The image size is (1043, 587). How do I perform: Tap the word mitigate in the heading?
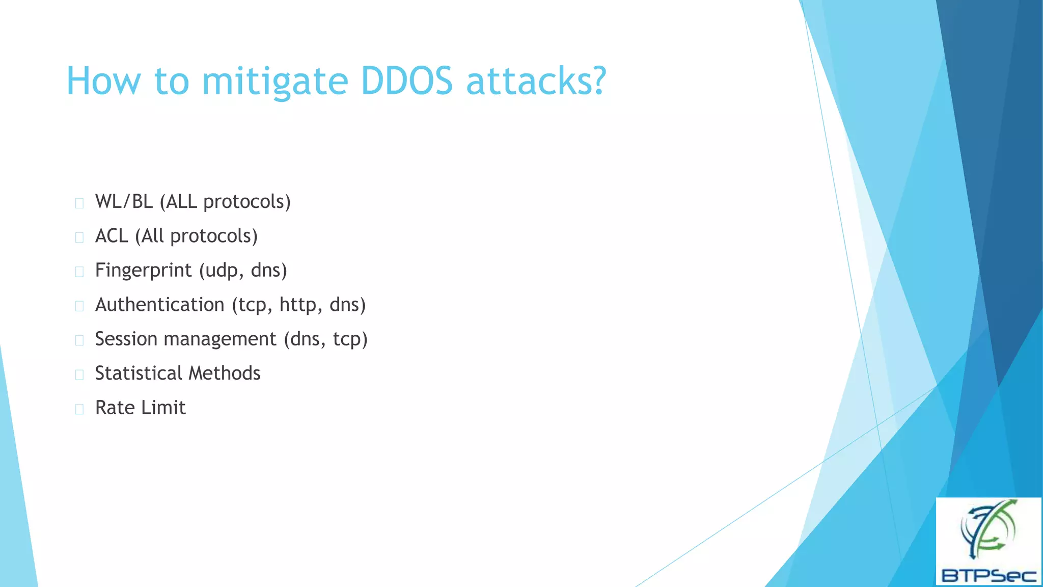(x=275, y=82)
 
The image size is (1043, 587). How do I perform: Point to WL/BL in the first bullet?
(x=124, y=202)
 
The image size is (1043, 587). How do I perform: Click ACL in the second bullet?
(x=112, y=236)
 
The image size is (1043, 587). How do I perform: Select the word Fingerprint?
(x=143, y=271)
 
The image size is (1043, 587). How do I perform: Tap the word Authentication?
(x=159, y=305)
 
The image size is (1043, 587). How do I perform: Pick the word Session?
(x=126, y=339)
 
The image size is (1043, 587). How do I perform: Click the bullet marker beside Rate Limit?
(x=79, y=409)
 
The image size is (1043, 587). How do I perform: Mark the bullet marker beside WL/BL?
(x=79, y=203)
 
